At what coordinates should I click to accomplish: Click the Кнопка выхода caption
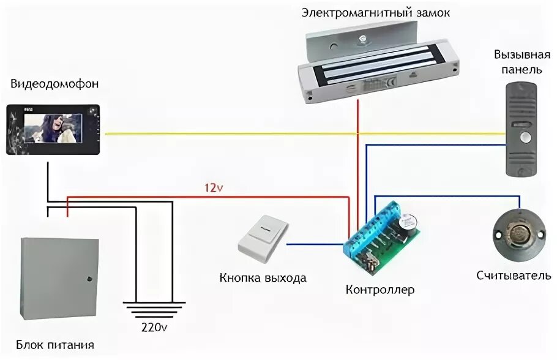(x=263, y=278)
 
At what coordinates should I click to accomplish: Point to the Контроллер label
(x=379, y=289)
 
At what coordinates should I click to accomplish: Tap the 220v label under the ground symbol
(x=153, y=327)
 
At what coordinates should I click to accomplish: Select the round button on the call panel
(x=524, y=137)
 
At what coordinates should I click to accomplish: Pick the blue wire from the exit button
(x=313, y=244)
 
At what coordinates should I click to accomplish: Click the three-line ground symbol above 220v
(x=153, y=307)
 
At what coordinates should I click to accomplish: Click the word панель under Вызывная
(x=518, y=70)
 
